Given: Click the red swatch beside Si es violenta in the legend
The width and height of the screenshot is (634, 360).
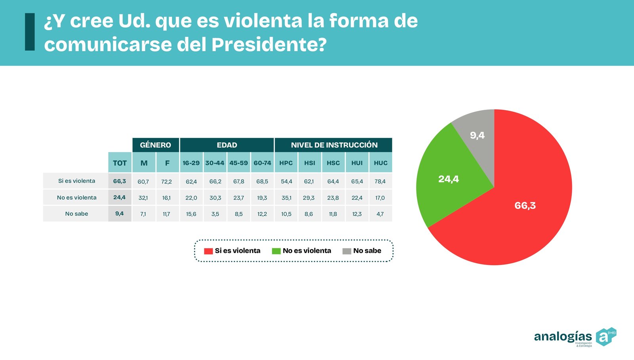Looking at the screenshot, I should click(x=208, y=251).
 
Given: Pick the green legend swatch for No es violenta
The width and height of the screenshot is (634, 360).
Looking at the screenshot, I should click(x=276, y=251).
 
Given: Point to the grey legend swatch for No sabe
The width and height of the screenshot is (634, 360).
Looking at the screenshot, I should click(x=347, y=251).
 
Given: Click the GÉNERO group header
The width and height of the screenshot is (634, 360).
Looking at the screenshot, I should click(x=155, y=145).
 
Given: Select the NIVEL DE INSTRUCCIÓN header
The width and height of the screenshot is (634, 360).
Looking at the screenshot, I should click(x=334, y=145).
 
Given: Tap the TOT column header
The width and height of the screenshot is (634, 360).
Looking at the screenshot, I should click(x=120, y=163).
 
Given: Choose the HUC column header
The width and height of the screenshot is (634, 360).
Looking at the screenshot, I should click(x=380, y=163).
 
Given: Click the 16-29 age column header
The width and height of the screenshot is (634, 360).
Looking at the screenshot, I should click(x=191, y=163).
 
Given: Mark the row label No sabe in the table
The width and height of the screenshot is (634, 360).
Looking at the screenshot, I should click(x=76, y=214).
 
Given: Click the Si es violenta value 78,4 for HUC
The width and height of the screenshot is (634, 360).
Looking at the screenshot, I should click(x=380, y=181).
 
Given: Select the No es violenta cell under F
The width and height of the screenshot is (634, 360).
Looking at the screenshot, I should click(x=166, y=198).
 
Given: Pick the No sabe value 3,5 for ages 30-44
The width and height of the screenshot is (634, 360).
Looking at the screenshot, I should click(x=215, y=214).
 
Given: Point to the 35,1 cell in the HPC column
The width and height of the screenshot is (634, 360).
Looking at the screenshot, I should click(x=286, y=198).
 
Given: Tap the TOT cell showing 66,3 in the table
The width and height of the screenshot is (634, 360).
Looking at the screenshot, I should click(x=120, y=181).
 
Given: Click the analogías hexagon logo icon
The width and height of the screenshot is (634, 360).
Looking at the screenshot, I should click(x=605, y=337).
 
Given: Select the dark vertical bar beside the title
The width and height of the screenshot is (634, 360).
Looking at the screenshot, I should click(x=30, y=32).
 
